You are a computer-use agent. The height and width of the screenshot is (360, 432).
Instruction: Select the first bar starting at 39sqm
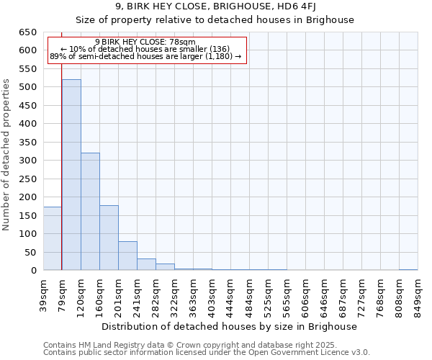point(53,238)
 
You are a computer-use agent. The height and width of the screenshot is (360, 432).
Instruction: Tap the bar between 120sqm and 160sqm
point(90,212)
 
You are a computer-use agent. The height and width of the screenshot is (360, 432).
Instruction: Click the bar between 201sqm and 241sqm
point(127,256)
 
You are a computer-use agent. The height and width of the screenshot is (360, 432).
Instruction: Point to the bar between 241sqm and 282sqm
point(146,264)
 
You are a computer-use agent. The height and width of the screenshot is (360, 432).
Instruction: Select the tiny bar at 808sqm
point(408,269)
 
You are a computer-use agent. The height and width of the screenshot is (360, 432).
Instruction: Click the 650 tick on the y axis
point(27,32)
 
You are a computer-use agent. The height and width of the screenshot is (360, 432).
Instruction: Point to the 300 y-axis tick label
point(27,161)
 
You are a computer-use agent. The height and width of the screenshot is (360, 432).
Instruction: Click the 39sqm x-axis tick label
point(44,293)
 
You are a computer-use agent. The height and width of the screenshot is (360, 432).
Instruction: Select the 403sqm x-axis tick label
point(212,293)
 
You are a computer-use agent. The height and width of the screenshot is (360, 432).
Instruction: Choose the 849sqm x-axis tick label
point(418,293)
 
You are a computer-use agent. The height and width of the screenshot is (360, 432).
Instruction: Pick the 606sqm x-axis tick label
point(305,293)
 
